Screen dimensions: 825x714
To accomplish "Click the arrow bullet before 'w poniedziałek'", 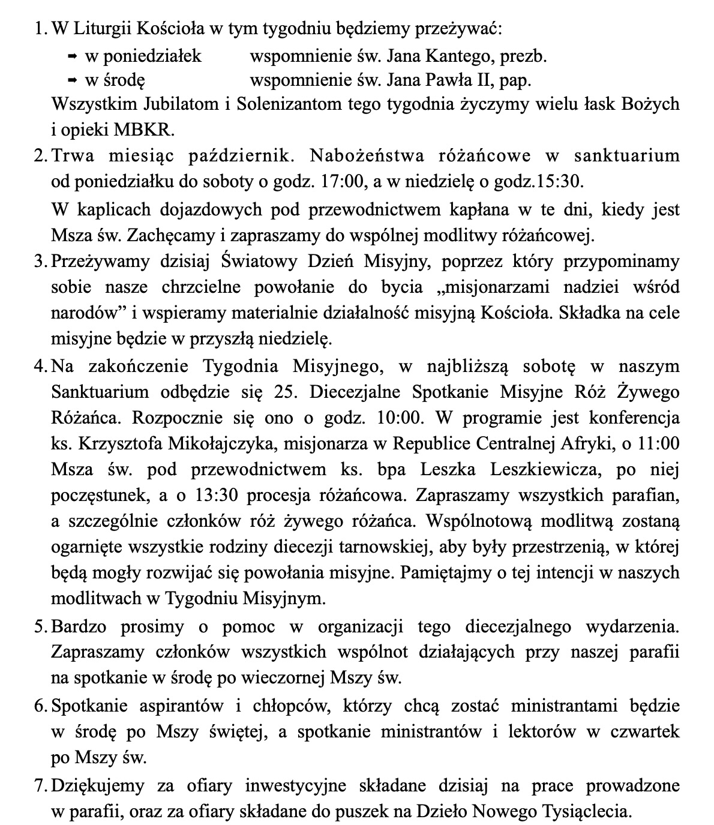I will (72, 56).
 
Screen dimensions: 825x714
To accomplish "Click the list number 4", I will (40, 366).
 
